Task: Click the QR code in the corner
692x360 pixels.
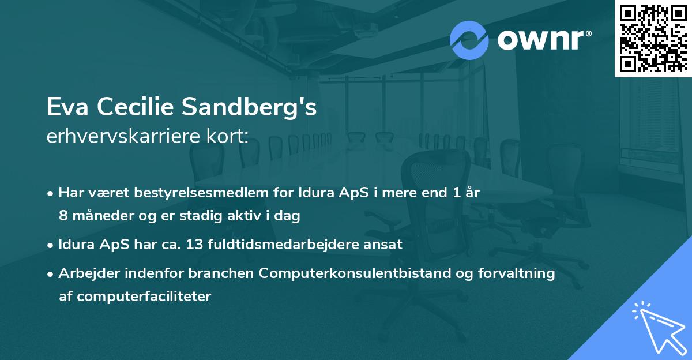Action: point(653,39)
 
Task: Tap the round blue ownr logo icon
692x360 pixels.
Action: point(469,40)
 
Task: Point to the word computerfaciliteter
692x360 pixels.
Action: point(135,297)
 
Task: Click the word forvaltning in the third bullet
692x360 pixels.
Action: point(523,273)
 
